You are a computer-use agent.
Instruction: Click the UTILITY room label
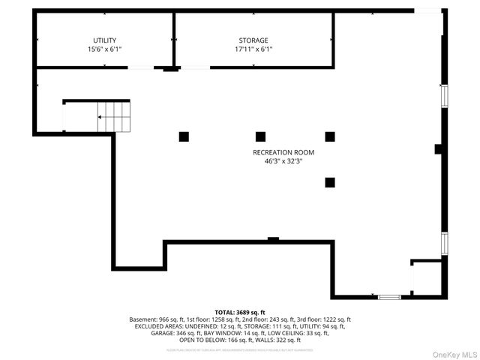pos(104,40)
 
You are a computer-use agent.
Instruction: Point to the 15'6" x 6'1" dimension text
pos(104,49)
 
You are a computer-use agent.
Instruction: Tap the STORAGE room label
pos(253,40)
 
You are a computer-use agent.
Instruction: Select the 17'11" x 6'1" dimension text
pos(253,49)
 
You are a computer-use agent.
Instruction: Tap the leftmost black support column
pos(184,136)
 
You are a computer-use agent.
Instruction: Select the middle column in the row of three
pos(260,136)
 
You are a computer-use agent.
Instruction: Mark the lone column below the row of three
pos(329,181)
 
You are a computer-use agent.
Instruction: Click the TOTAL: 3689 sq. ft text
pos(240,312)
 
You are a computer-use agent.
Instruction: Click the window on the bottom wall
pos(389,298)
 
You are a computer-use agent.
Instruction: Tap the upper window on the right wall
pos(444,96)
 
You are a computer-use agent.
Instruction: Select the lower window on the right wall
pos(444,243)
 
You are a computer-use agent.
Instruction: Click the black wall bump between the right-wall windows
pos(439,150)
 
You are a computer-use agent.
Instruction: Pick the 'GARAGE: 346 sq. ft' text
pos(163,334)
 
